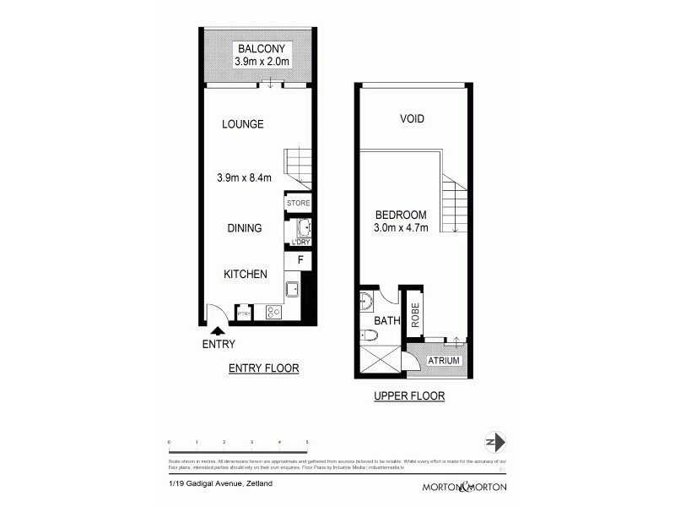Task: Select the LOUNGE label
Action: [243, 124]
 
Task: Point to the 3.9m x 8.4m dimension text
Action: [245, 178]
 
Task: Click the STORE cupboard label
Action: [299, 204]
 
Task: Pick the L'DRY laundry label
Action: [300, 243]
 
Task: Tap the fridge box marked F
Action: [300, 261]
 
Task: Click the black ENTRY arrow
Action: [219, 330]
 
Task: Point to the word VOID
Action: [412, 119]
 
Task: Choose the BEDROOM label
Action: [400, 215]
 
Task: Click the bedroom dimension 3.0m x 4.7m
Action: [400, 228]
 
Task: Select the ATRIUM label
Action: [443, 361]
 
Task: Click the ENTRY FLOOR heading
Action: [264, 368]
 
